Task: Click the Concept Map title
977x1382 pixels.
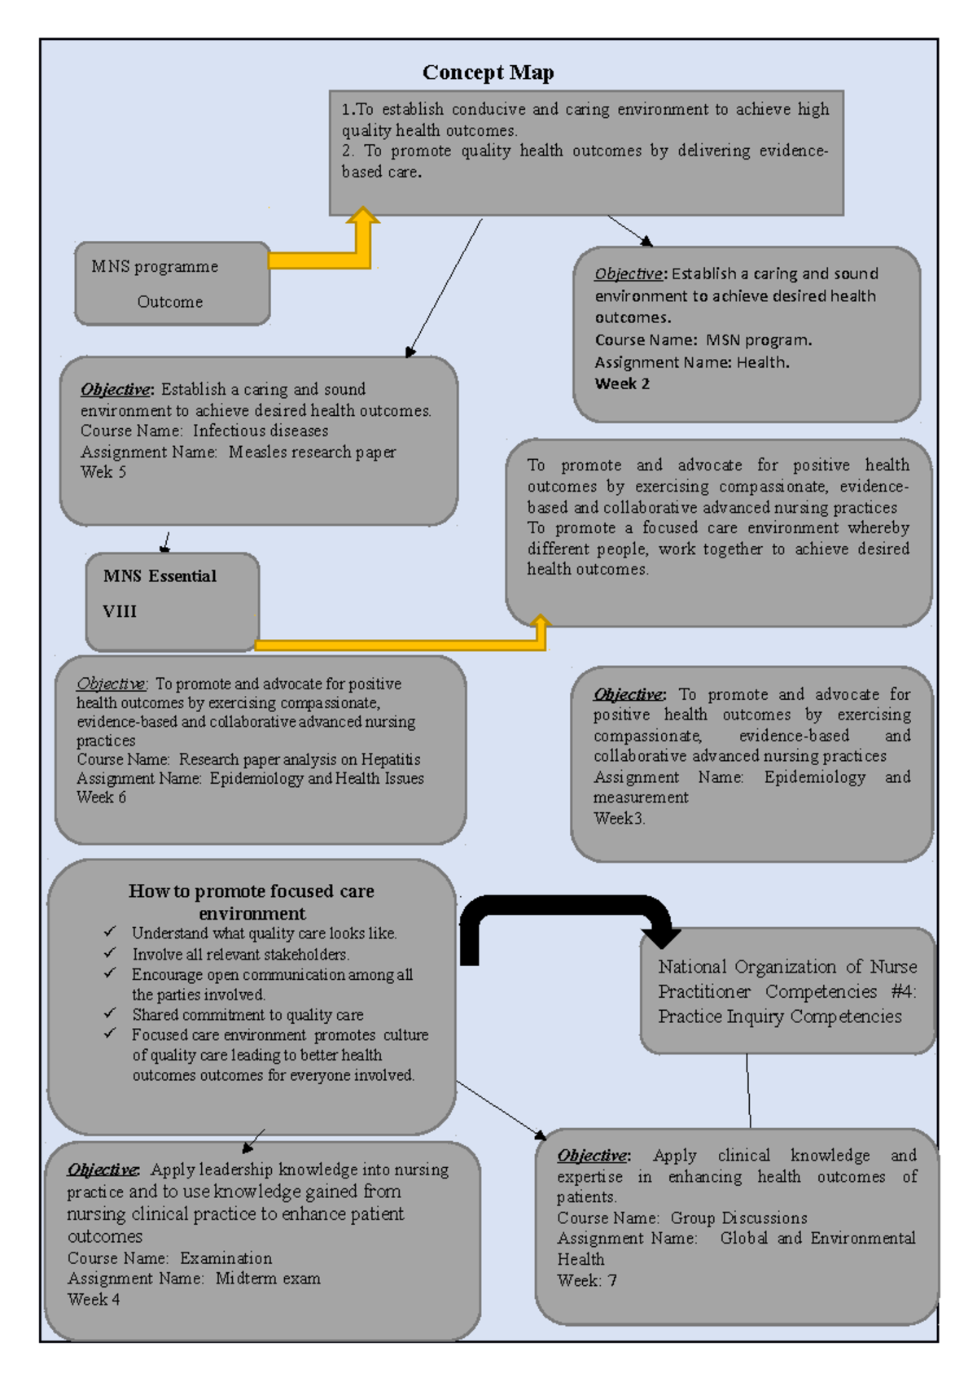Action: point(488,72)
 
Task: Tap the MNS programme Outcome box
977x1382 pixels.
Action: point(172,283)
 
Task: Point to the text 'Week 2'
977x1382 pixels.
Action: point(622,384)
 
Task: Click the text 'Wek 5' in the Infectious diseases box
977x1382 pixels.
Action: point(103,472)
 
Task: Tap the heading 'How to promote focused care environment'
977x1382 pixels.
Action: point(252,901)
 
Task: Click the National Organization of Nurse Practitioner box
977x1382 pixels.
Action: point(786,991)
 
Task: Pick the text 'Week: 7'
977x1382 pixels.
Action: point(586,1280)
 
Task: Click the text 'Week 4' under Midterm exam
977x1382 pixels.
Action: point(94,1300)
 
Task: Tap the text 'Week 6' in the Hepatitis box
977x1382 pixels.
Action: point(101,798)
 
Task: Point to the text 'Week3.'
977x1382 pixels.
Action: point(619,819)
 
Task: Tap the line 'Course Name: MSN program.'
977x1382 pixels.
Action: point(703,340)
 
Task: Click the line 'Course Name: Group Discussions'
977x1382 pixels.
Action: point(681,1218)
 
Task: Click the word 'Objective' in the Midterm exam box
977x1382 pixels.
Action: point(103,1170)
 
